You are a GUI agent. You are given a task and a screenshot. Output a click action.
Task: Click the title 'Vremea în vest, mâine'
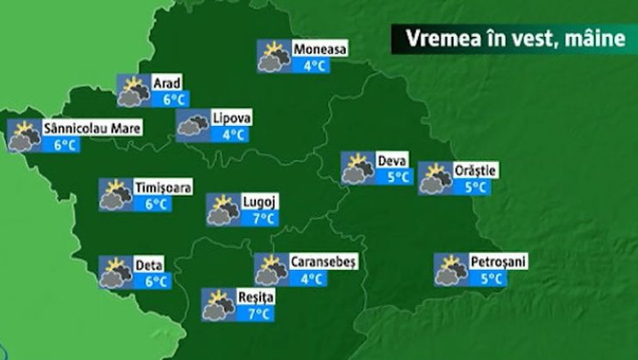point(514,38)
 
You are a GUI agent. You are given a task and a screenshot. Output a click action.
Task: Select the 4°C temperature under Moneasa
point(313,65)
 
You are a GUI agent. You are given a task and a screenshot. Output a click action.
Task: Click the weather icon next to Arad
point(133,91)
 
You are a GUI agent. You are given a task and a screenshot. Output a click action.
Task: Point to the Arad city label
point(167,83)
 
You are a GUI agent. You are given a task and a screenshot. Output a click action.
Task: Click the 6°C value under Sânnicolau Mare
point(65,145)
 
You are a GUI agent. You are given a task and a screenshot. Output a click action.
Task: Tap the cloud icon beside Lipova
point(193,125)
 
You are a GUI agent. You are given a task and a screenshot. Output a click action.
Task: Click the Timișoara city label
point(164,188)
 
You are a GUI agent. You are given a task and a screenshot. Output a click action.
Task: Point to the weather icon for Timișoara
point(115,195)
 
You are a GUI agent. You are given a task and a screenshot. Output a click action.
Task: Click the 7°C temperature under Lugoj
point(262,218)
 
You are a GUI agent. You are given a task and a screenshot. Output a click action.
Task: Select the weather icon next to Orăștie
point(435,178)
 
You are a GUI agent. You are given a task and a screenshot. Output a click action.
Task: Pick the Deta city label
point(149,265)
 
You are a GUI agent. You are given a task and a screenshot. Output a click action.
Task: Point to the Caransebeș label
point(323,262)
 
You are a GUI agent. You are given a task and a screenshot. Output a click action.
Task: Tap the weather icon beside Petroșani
point(451,270)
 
